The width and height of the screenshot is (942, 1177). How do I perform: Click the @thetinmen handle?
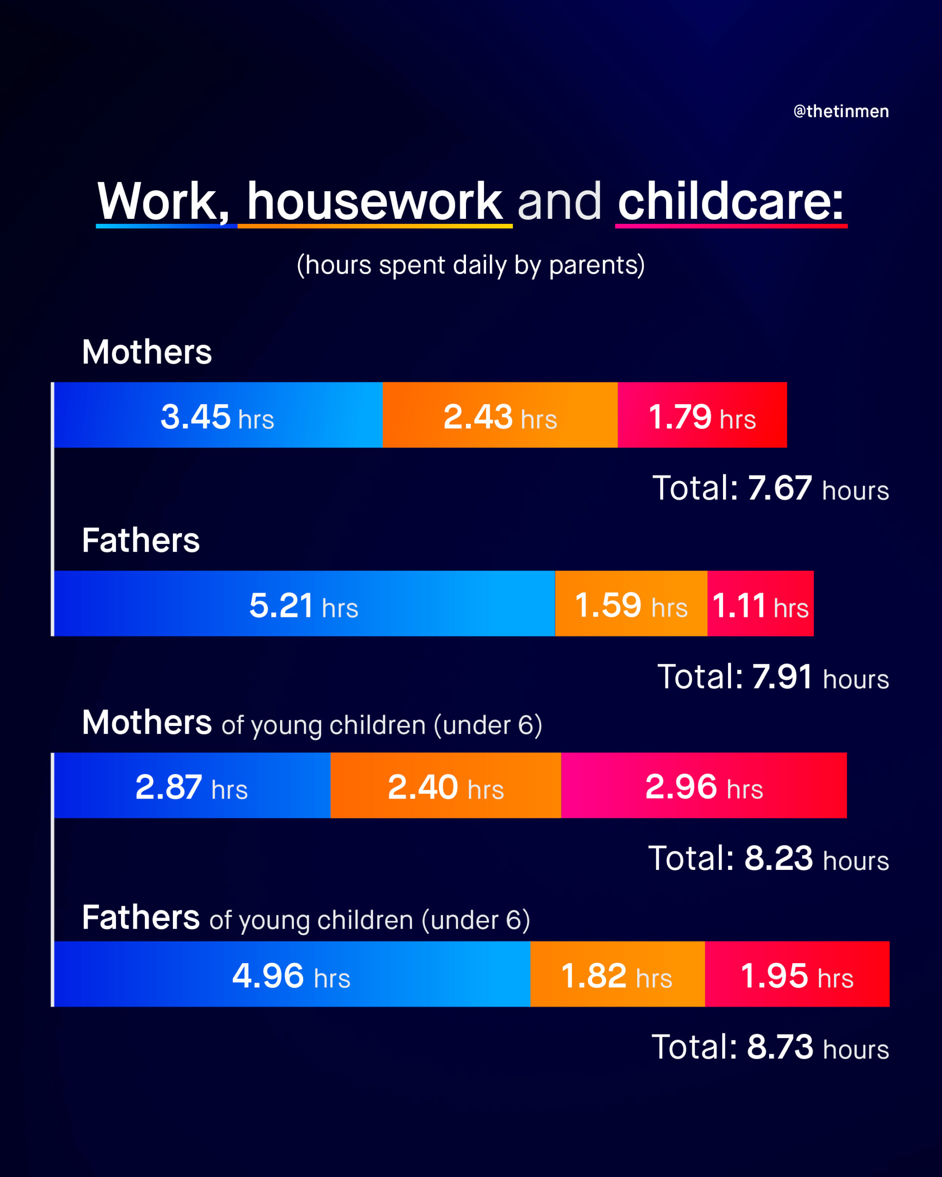841,111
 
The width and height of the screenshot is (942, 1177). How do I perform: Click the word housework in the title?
374,201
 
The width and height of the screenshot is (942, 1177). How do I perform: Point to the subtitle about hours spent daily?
471,265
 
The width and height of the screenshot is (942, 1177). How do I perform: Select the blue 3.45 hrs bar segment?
218,415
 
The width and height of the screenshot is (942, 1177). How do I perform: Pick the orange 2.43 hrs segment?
500,415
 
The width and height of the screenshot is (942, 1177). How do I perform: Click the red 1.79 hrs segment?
702,415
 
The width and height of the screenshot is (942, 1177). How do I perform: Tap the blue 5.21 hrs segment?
304,603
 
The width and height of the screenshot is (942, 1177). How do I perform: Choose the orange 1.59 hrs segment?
631,603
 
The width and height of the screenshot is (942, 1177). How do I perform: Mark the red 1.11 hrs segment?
761,603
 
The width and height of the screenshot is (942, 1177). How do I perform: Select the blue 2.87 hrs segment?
192,785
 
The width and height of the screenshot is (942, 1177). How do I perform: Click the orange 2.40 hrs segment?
446,785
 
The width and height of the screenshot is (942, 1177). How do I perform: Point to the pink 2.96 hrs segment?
704,785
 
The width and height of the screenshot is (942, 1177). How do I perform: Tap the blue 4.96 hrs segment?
292,974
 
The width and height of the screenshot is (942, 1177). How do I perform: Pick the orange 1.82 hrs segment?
618,974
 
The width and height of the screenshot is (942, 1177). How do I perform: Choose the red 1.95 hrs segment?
797,974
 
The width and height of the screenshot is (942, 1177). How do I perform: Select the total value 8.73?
780,1046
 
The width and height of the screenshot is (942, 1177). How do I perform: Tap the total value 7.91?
782,676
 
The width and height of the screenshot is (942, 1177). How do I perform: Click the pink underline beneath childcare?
731,225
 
